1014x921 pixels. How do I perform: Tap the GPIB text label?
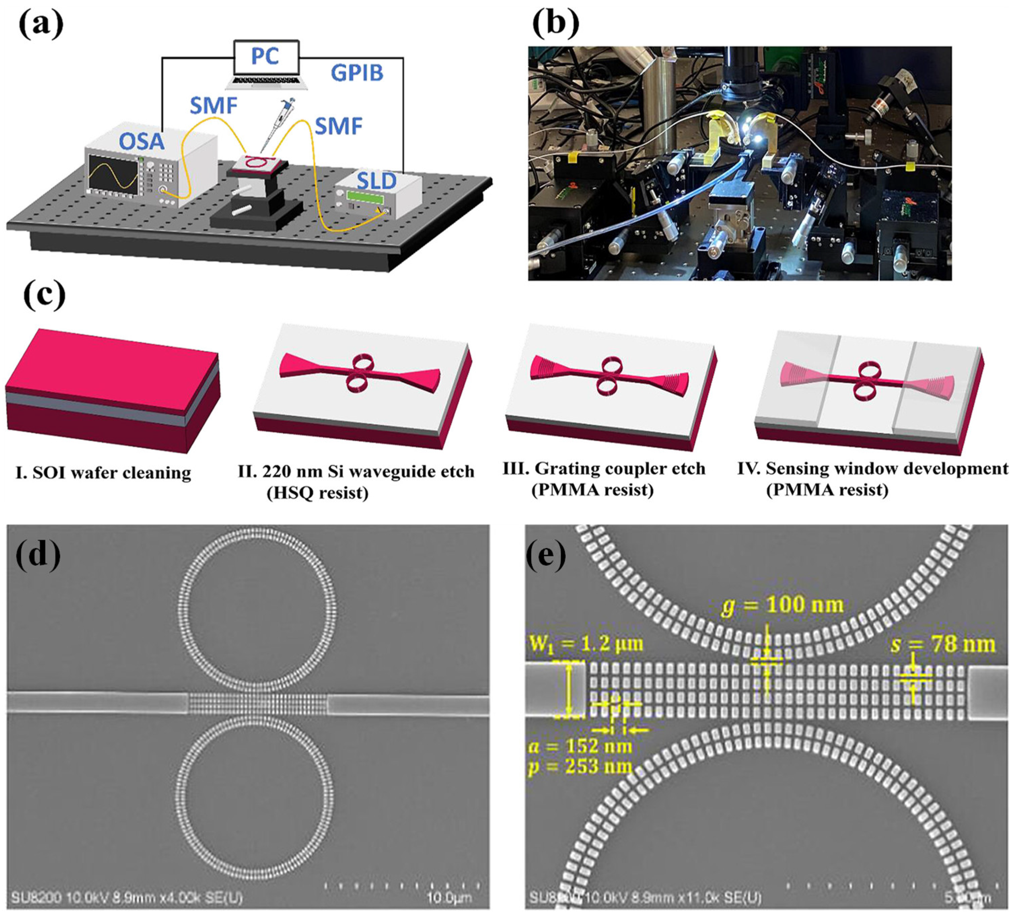pos(357,73)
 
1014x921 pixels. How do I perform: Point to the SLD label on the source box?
pos(377,181)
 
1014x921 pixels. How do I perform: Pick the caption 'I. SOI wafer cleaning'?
pos(103,473)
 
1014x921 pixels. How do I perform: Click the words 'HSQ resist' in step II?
pos(317,493)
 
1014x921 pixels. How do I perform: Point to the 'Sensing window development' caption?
pos(887,469)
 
